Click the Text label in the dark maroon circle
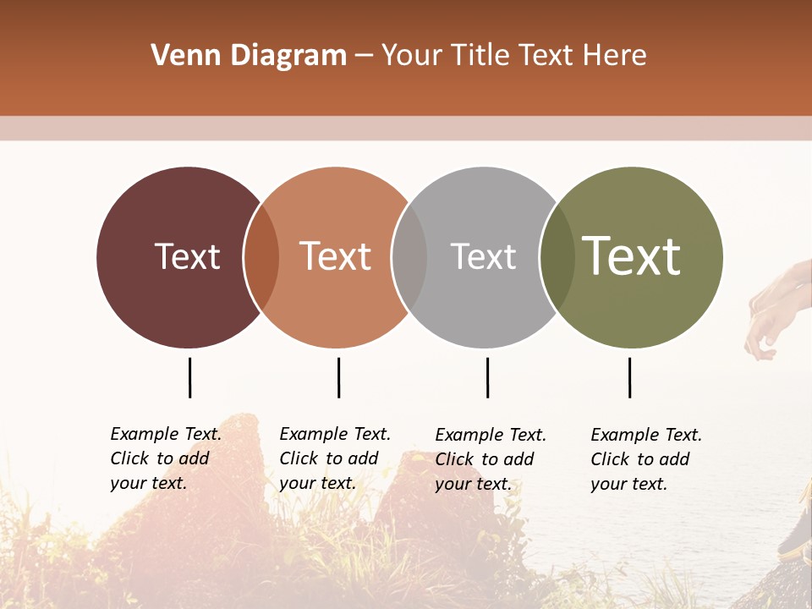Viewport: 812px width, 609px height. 187,256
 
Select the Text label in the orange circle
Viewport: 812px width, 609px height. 335,256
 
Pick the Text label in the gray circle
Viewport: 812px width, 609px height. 483,256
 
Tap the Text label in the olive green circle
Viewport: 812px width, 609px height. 631,256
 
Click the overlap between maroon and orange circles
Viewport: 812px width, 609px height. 261,257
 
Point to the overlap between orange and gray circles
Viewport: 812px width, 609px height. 409,257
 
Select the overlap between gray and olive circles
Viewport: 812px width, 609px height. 557,257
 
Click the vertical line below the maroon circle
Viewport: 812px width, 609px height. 189,377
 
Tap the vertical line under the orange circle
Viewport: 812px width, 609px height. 338,377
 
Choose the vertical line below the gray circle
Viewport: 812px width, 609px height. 487,377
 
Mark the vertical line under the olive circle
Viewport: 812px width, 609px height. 629,377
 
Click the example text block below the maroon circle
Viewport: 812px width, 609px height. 166,458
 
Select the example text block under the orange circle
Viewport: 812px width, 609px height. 335,458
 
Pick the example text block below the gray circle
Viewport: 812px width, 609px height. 491,459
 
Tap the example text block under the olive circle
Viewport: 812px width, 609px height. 646,459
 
